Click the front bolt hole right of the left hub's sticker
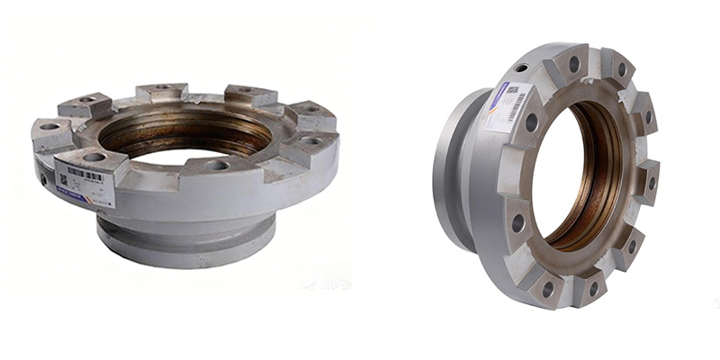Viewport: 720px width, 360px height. (x=216, y=165)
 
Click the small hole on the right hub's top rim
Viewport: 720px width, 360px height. (x=520, y=67)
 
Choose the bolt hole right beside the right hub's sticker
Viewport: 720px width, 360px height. (x=531, y=121)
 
